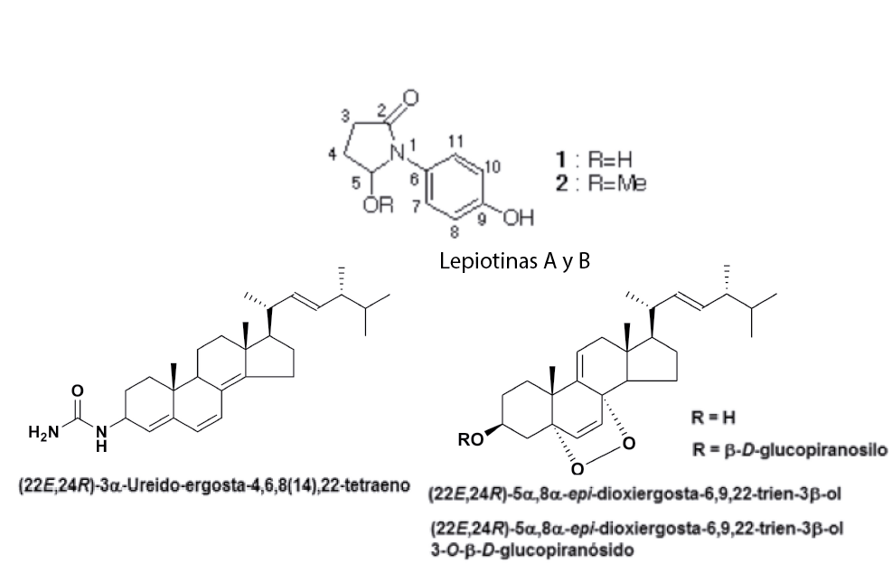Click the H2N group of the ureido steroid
43,432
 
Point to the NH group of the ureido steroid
101,437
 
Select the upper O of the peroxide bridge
628,443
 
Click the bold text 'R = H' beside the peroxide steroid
709,418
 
